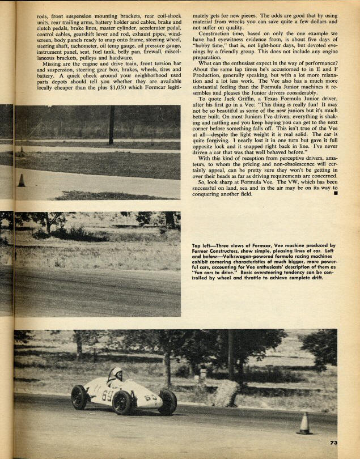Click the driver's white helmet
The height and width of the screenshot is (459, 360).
pos(116,373)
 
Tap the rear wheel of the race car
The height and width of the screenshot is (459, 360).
pos(79,397)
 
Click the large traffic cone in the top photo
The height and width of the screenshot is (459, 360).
pos(21,180)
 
